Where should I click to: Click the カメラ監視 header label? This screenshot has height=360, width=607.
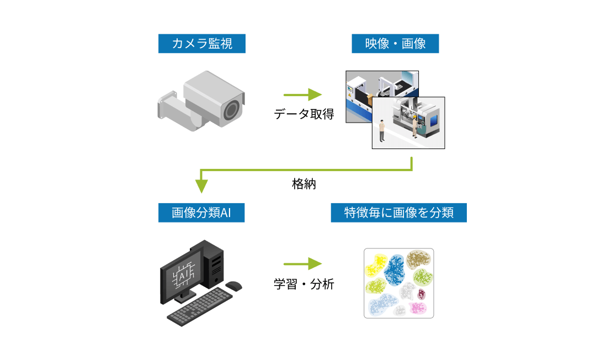[x=201, y=44]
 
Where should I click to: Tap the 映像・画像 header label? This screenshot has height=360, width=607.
[x=395, y=44]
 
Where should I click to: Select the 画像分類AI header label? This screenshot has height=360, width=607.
[x=201, y=213]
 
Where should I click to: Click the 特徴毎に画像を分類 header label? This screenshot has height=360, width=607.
[x=398, y=213]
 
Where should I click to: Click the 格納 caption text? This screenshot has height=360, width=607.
[x=303, y=184]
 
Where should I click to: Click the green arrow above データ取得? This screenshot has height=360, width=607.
[x=303, y=94]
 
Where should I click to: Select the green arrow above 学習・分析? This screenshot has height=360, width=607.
[x=303, y=263]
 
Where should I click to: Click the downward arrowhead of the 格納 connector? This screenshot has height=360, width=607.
[x=201, y=186]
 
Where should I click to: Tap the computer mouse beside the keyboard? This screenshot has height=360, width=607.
[x=234, y=285]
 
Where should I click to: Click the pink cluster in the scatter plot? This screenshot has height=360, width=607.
[x=418, y=308]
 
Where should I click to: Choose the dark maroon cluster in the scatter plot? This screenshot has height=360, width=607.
[x=422, y=294]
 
